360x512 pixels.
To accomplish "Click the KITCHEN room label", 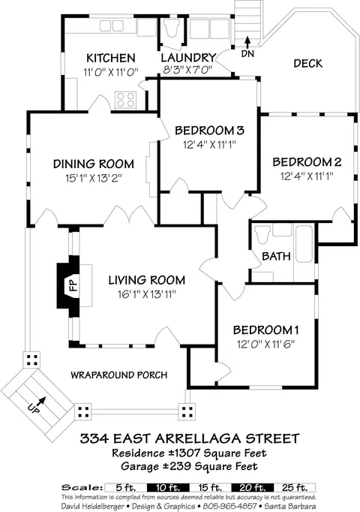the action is pyautogui.click(x=110, y=58).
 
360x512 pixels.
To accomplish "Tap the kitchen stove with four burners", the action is pyautogui.click(x=125, y=100).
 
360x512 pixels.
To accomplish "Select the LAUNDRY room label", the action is pyautogui.click(x=188, y=58).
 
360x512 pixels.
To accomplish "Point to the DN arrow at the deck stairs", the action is pyautogui.click(x=247, y=42).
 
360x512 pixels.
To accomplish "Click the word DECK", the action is pyautogui.click(x=307, y=63).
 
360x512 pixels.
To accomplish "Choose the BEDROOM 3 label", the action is pyautogui.click(x=209, y=131).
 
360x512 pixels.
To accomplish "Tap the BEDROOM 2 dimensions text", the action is pyautogui.click(x=307, y=176).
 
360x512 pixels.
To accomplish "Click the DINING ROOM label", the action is pyautogui.click(x=94, y=164).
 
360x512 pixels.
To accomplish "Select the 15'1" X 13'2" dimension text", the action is pyautogui.click(x=94, y=178).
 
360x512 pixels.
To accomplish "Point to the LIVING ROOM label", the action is pyautogui.click(x=147, y=280).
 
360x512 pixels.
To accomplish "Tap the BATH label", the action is pyautogui.click(x=276, y=256).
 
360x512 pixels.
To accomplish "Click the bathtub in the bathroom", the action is pyautogui.click(x=304, y=243).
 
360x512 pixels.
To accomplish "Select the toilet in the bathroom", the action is pyautogui.click(x=262, y=234).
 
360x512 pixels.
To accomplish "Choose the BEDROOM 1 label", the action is pyautogui.click(x=265, y=330).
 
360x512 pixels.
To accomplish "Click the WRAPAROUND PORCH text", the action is pyautogui.click(x=119, y=375).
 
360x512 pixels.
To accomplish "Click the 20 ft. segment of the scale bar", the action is pyautogui.click(x=253, y=488).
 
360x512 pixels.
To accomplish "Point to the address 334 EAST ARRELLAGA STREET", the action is pyautogui.click(x=190, y=438).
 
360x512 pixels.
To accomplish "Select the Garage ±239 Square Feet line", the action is pyautogui.click(x=189, y=466).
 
